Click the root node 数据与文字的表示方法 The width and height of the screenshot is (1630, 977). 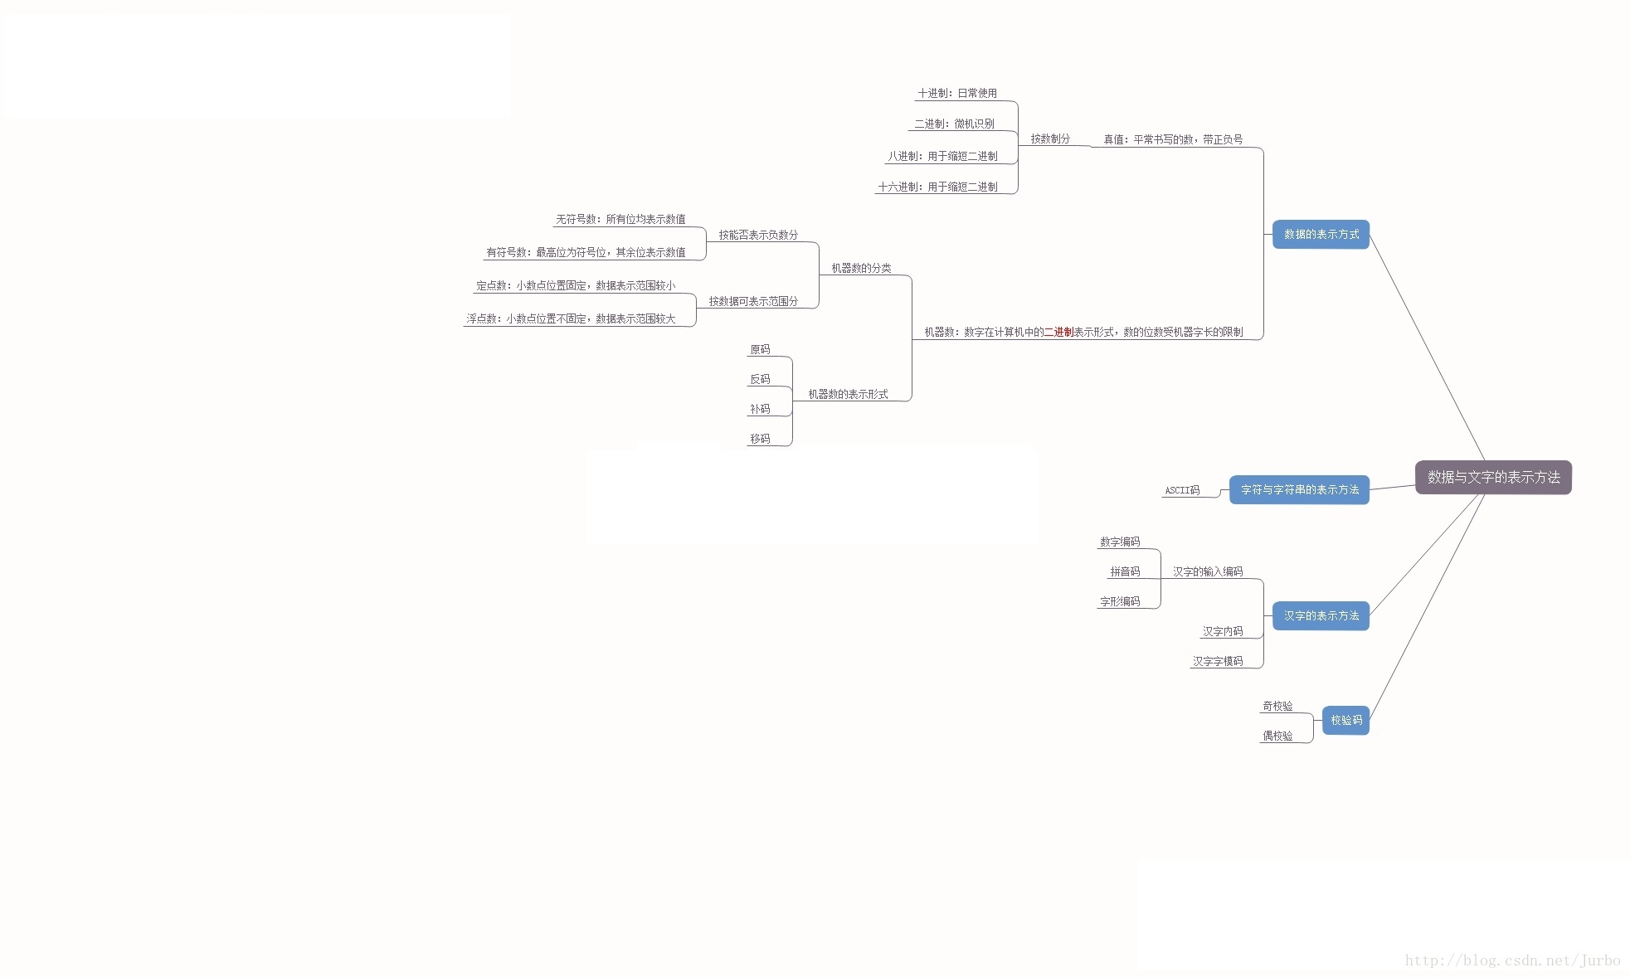click(1493, 477)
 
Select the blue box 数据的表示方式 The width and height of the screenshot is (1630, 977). click(1321, 235)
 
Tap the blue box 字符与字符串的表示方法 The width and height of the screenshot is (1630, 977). click(1299, 490)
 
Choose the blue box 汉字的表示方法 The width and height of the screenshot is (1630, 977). click(1321, 616)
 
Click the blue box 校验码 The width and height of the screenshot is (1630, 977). click(1345, 721)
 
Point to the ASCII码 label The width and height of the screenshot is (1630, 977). click(1182, 490)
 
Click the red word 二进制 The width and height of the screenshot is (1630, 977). click(1058, 332)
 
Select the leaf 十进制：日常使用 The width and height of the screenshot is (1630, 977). click(957, 94)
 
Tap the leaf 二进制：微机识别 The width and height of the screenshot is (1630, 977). click(954, 124)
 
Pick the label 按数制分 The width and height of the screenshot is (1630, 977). click(1050, 139)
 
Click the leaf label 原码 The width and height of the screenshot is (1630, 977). click(760, 350)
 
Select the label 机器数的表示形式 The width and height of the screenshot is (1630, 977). click(848, 395)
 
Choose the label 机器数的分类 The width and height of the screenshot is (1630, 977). click(861, 269)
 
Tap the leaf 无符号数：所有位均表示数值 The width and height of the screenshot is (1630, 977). click(620, 220)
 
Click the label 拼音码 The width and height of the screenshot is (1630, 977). click(1125, 572)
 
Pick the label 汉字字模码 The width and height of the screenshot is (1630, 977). click(1218, 662)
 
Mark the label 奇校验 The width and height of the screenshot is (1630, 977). click(1277, 707)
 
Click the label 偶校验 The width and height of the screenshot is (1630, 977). click(1277, 736)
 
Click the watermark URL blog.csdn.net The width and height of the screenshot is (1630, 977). click(1512, 960)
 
